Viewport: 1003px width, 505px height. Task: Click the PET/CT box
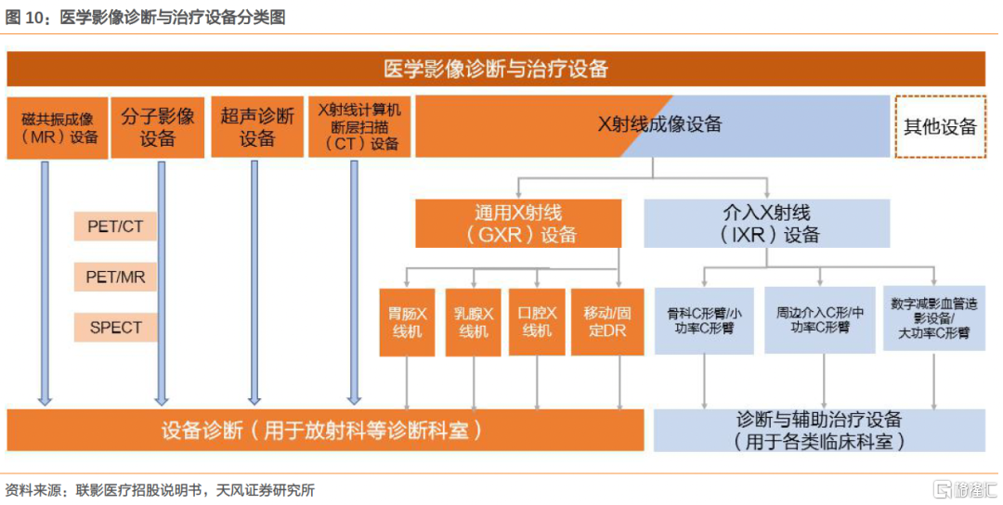click(x=115, y=227)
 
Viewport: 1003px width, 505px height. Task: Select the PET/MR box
click(x=115, y=277)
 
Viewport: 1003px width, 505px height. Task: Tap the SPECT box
click(x=115, y=328)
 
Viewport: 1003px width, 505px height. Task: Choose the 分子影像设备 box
click(x=157, y=127)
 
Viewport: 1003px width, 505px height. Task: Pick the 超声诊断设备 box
click(x=257, y=127)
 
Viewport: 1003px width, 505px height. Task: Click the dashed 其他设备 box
click(x=940, y=126)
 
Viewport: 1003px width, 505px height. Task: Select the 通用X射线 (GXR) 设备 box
click(x=518, y=224)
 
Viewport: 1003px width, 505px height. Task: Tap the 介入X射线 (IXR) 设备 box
click(x=766, y=224)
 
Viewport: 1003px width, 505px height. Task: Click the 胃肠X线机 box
click(x=407, y=322)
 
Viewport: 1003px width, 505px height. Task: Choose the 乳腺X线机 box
click(x=474, y=322)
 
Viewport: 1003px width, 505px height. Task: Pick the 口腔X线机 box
click(x=537, y=322)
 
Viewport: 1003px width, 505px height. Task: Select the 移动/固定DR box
click(x=607, y=322)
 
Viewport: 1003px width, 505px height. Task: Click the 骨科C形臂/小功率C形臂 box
click(x=704, y=321)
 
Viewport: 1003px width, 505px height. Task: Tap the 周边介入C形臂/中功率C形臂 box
click(x=820, y=320)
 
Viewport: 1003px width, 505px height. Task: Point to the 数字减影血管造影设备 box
click(x=934, y=318)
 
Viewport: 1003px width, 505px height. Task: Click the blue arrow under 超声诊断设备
click(x=254, y=282)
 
